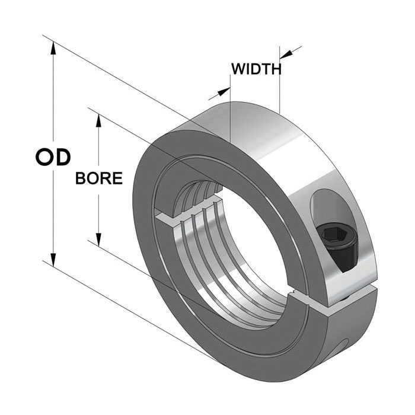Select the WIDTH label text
tap(256, 69)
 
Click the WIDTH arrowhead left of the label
tap(224, 91)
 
